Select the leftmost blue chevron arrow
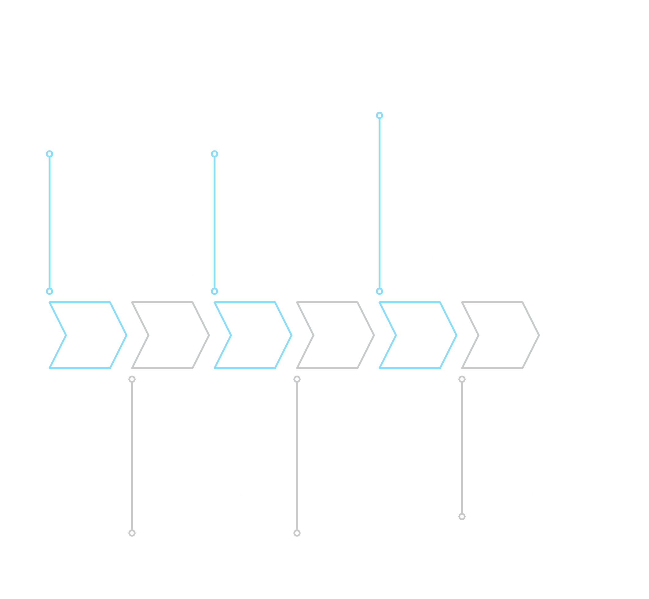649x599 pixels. point(88,335)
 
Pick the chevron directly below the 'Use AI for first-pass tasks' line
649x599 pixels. point(253,335)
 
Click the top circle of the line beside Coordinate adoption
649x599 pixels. point(380,115)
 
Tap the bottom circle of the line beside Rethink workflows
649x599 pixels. point(132,533)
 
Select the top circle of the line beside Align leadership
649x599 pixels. point(462,379)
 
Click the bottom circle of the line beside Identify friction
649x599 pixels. point(50,291)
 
